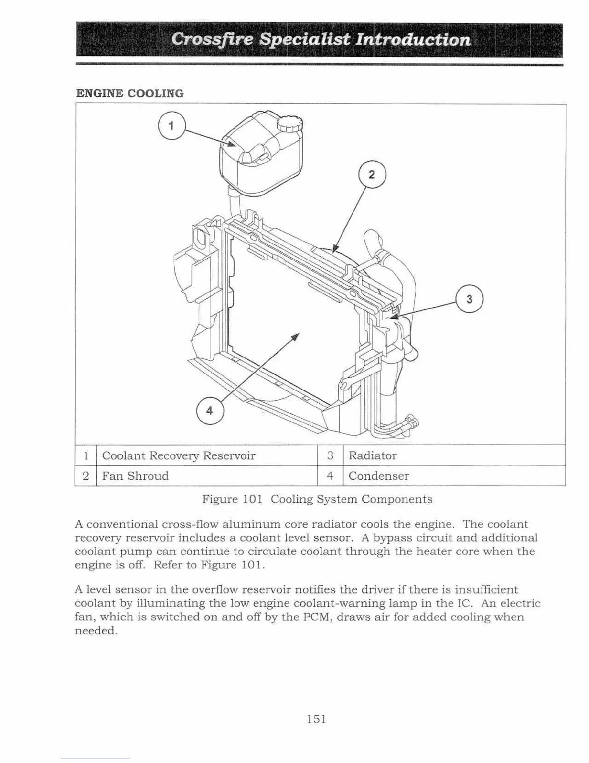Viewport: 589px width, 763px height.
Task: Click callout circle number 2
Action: click(x=372, y=174)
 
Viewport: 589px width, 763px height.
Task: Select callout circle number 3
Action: click(x=469, y=299)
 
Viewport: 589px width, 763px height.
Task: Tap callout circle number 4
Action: click(x=210, y=411)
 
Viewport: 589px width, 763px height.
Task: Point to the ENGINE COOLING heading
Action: click(x=130, y=93)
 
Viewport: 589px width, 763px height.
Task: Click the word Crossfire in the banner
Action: click(x=212, y=39)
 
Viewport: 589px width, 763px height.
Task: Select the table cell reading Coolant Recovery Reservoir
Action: click(x=179, y=456)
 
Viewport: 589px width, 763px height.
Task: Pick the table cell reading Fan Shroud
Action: click(x=135, y=476)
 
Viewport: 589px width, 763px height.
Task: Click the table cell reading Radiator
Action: click(x=372, y=456)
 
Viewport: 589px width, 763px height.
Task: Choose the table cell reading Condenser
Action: click(x=379, y=476)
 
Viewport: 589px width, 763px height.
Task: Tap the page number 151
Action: click(x=317, y=719)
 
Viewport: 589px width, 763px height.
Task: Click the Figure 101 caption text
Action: click(x=317, y=499)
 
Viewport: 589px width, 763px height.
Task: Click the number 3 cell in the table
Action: click(x=330, y=456)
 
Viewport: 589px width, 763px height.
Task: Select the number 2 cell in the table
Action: click(x=86, y=476)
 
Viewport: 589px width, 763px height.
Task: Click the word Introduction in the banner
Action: click(x=412, y=39)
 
